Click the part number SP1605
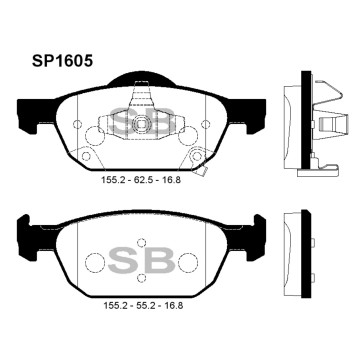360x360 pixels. click(x=62, y=61)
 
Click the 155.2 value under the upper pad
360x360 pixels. click(x=113, y=180)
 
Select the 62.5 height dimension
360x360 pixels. click(x=144, y=180)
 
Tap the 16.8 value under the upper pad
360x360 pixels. click(x=171, y=180)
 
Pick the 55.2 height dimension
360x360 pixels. click(x=146, y=305)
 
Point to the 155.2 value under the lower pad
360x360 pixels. click(x=115, y=305)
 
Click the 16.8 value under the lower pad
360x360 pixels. click(x=173, y=305)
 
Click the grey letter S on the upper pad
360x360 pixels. click(x=122, y=123)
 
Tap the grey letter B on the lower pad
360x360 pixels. click(x=160, y=262)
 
